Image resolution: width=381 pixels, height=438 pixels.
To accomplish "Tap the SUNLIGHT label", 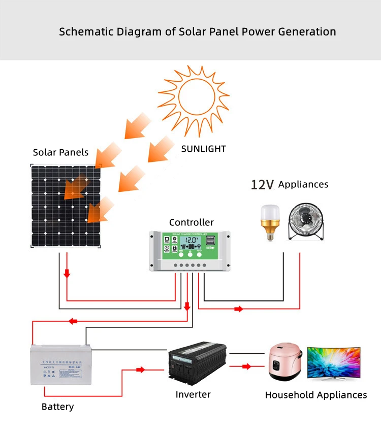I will point(203,149).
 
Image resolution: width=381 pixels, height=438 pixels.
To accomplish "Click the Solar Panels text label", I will point(60,152).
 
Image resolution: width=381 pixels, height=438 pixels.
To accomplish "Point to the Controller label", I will point(192,222).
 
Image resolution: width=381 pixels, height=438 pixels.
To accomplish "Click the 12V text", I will point(262,185).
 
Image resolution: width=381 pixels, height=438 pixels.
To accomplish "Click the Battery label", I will point(57,407).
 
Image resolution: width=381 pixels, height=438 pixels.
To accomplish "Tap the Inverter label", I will point(193,394).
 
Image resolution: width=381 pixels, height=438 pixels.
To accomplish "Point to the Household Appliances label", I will point(315,395).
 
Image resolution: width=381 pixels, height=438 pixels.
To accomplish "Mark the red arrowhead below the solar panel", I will point(67,274).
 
